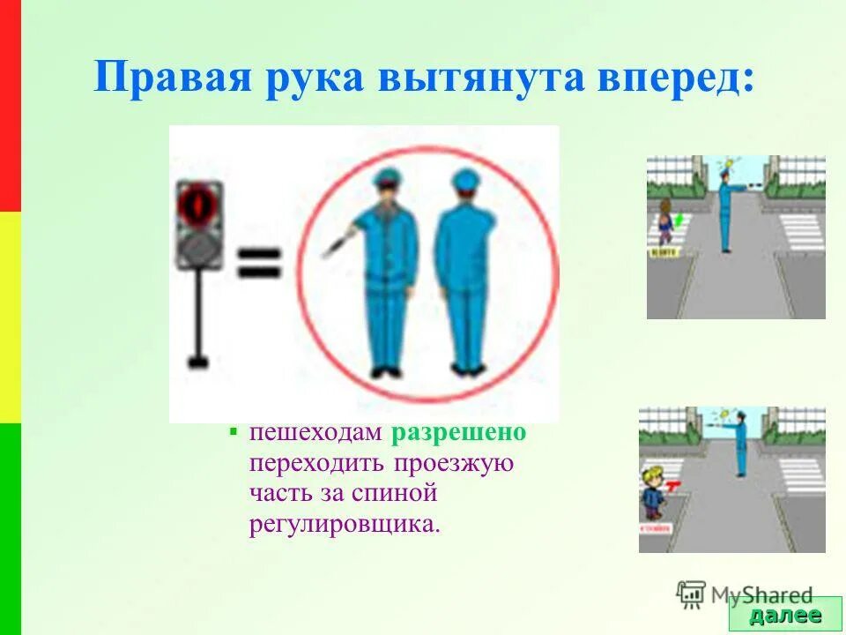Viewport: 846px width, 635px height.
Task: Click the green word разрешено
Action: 459,433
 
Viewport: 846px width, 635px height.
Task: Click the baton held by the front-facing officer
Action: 337,243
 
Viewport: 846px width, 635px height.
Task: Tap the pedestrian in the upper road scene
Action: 665,222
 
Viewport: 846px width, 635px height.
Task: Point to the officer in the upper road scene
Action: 724,212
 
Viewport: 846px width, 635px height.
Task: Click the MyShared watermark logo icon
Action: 691,594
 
